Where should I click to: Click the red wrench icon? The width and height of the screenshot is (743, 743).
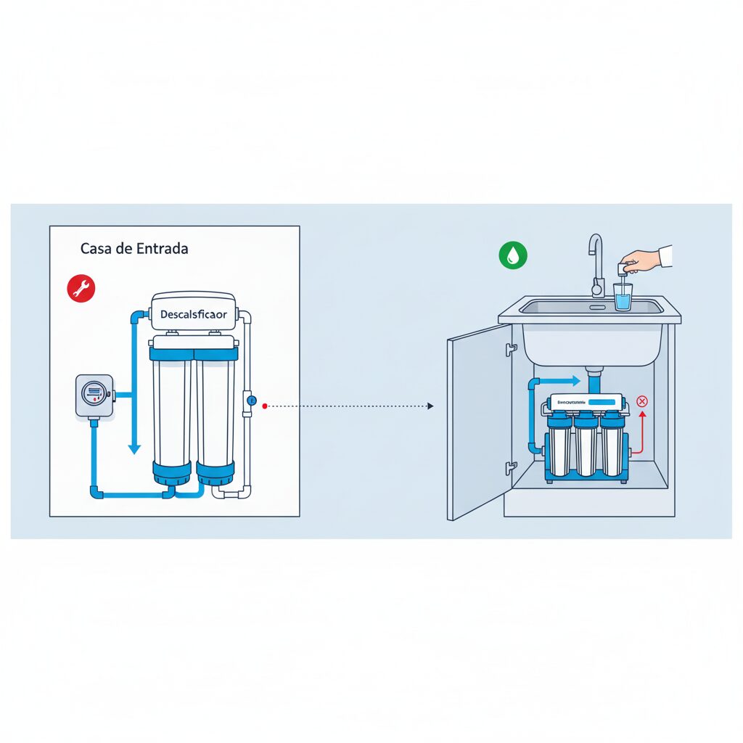[x=81, y=288]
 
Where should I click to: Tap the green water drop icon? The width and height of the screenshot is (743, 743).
[x=513, y=255]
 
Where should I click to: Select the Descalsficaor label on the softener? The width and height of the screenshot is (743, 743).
[x=193, y=316]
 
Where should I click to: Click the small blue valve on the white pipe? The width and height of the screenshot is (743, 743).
[x=250, y=400]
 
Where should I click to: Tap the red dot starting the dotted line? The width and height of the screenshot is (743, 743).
[x=266, y=406]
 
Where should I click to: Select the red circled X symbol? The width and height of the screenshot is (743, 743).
[x=641, y=401]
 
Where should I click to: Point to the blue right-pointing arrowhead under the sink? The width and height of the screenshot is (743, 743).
[x=575, y=381]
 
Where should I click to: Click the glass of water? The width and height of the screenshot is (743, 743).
[x=623, y=297]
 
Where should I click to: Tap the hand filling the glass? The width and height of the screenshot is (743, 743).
[x=641, y=260]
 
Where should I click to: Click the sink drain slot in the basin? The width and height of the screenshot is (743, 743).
[x=597, y=307]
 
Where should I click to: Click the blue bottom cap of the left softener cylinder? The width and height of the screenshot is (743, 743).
[x=172, y=474]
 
